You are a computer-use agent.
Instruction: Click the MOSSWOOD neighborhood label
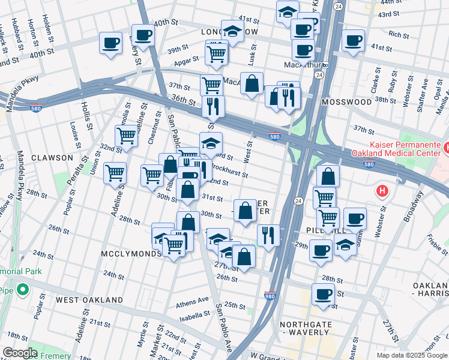(346, 102)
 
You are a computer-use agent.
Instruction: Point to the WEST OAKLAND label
(89, 299)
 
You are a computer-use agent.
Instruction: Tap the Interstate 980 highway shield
(270, 296)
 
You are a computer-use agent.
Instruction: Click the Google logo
(20, 353)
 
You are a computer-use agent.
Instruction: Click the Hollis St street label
(88, 118)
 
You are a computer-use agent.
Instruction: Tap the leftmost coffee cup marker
(111, 43)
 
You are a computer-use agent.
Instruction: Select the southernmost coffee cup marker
(323, 294)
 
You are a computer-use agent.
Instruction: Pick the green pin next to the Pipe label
(23, 291)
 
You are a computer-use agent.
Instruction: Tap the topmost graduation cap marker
(288, 12)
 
